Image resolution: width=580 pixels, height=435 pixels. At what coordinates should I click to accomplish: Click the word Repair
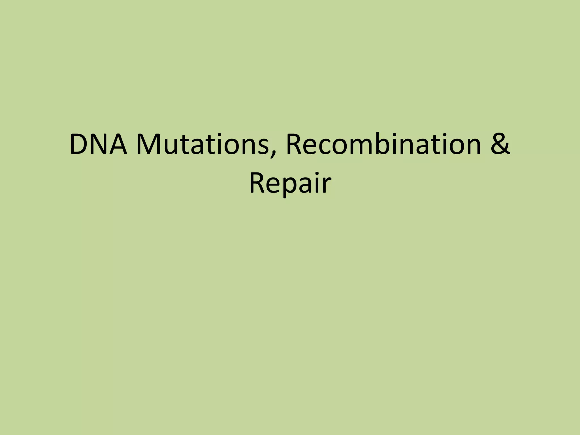click(x=290, y=183)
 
